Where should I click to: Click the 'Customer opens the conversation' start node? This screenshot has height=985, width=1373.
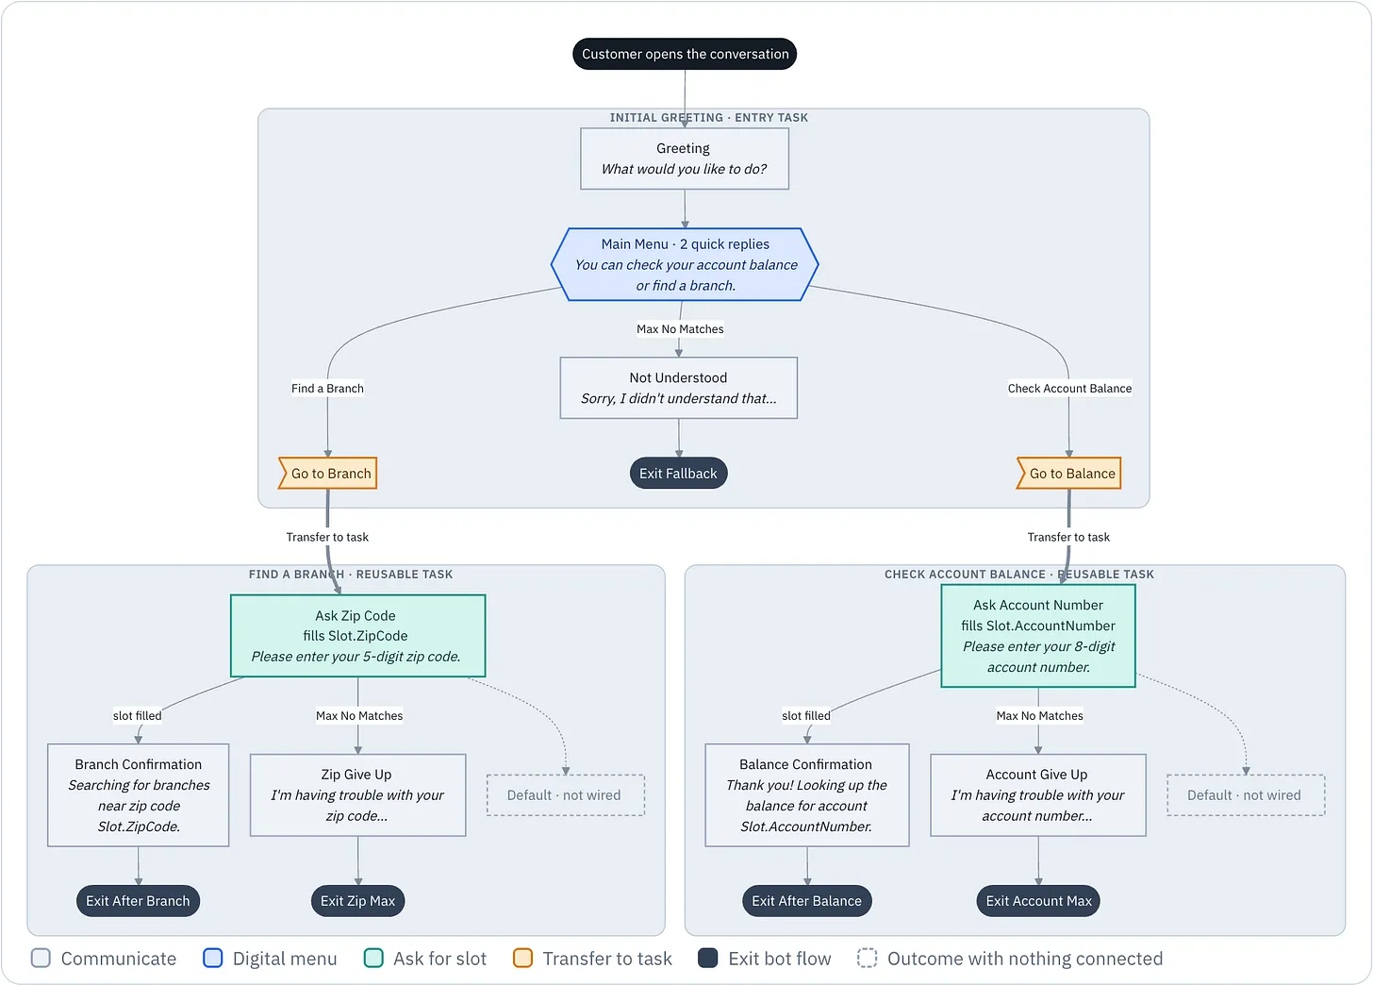pyautogui.click(x=685, y=54)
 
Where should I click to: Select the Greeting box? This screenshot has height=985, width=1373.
pyautogui.click(x=684, y=159)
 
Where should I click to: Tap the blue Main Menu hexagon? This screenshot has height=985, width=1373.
pyautogui.click(x=685, y=264)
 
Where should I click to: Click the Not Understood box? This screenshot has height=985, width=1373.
pyautogui.click(x=679, y=388)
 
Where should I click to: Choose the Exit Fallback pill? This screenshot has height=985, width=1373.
pyautogui.click(x=679, y=474)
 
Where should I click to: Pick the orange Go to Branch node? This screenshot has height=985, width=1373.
pyautogui.click(x=328, y=474)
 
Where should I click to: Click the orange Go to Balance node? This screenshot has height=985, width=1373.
pyautogui.click(x=1069, y=474)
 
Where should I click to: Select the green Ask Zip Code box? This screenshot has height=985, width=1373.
pyautogui.click(x=358, y=636)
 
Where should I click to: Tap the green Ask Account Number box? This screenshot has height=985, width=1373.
pyautogui.click(x=1038, y=636)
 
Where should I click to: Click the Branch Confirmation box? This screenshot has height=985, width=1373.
pyautogui.click(x=139, y=795)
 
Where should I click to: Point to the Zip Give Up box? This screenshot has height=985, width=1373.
pyautogui.click(x=358, y=795)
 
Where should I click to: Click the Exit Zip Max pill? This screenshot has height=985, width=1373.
pyautogui.click(x=358, y=901)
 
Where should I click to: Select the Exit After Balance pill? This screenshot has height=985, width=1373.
pyautogui.click(x=807, y=901)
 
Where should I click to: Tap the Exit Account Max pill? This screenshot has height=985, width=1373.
pyautogui.click(x=1038, y=901)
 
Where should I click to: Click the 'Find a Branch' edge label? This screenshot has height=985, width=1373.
pyautogui.click(x=327, y=388)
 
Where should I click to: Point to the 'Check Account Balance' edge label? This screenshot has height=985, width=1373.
pyautogui.click(x=1069, y=388)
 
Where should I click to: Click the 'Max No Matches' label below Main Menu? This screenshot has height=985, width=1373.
pyautogui.click(x=680, y=329)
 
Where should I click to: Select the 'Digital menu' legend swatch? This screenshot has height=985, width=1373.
pyautogui.click(x=213, y=958)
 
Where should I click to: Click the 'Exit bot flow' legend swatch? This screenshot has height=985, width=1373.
pyautogui.click(x=708, y=958)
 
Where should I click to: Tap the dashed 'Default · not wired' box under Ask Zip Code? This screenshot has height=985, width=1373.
pyautogui.click(x=566, y=795)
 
